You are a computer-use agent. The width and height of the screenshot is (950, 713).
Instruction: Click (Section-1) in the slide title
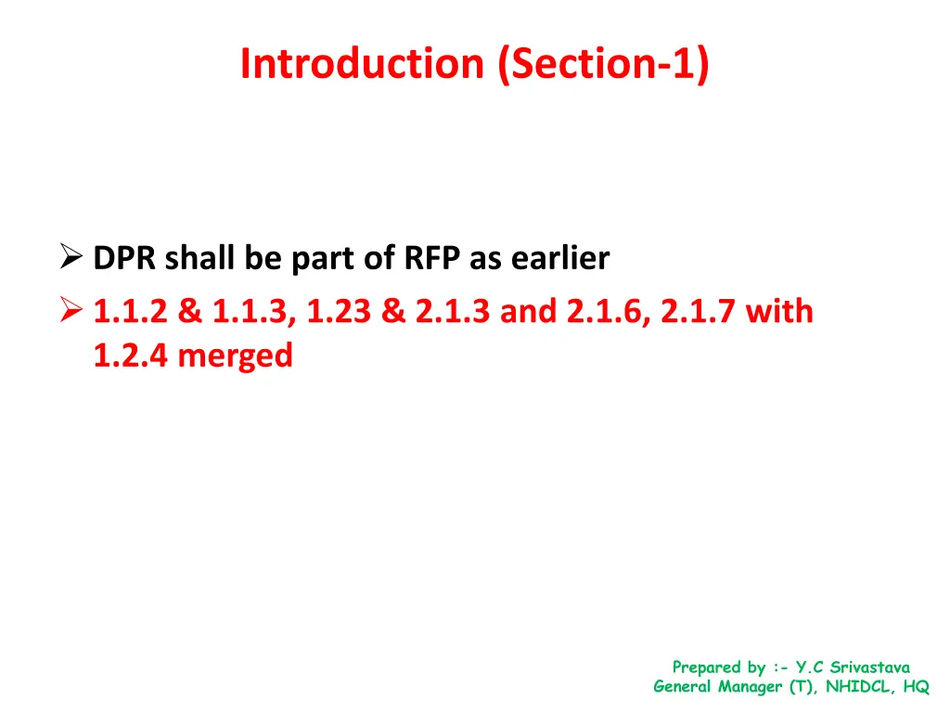coord(604,64)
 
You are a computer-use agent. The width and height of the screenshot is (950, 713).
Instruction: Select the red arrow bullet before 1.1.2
coord(72,310)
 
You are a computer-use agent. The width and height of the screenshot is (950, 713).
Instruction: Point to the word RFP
coord(431,259)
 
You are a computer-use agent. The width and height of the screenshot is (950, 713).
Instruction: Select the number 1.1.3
coord(251,311)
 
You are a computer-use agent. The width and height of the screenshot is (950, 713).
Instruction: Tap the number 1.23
coord(339,311)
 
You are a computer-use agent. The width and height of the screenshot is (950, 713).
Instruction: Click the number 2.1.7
coord(700,311)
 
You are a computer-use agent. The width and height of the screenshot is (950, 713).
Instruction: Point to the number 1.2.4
coord(131,356)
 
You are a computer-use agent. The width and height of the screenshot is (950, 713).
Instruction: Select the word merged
coord(236,356)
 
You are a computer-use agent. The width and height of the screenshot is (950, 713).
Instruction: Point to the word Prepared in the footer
coord(706,667)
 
